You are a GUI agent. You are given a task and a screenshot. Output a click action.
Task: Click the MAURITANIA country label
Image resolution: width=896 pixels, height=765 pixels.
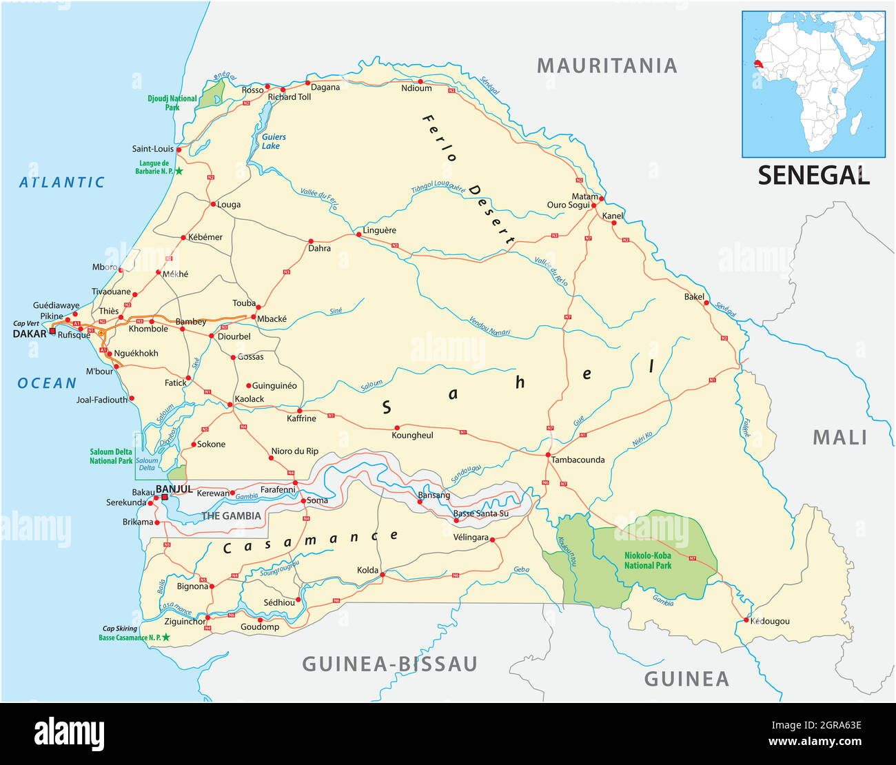click(607, 65)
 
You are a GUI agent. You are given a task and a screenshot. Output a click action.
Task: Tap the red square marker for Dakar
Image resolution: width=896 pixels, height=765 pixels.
click(52, 331)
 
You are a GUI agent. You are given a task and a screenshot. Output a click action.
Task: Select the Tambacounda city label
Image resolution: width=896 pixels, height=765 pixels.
click(578, 460)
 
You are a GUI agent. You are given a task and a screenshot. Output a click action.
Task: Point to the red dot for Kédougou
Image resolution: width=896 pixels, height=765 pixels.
click(746, 620)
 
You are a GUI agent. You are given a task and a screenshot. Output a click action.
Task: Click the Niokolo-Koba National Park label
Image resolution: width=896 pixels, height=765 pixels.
click(647, 560)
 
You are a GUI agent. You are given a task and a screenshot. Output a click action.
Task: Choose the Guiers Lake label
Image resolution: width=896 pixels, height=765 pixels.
click(273, 141)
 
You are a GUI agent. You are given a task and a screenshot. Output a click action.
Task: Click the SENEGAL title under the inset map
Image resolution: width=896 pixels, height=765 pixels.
click(813, 175)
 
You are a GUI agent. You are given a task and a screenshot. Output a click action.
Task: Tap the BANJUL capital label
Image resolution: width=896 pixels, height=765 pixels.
click(174, 489)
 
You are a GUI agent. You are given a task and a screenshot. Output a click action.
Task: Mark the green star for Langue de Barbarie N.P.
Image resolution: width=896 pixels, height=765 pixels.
click(179, 171)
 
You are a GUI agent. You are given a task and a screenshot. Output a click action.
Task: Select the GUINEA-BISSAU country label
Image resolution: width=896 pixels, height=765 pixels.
click(389, 664)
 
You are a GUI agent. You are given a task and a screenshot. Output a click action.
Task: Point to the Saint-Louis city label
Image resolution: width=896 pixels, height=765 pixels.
click(153, 149)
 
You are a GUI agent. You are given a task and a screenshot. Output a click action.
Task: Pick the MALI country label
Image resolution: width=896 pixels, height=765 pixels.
click(839, 437)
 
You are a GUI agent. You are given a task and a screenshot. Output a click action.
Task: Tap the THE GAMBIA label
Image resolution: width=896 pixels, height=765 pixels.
click(231, 516)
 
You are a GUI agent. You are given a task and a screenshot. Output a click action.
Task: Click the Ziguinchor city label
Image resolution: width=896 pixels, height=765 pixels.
click(185, 621)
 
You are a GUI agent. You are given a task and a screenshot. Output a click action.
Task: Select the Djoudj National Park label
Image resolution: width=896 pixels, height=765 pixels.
click(172, 103)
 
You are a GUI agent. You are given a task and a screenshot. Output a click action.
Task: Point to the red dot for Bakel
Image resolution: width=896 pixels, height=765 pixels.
click(706, 303)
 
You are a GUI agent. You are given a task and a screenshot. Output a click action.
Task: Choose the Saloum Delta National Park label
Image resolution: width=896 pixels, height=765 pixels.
click(111, 456)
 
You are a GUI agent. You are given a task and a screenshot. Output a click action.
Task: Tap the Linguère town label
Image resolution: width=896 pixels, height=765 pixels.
click(379, 230)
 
